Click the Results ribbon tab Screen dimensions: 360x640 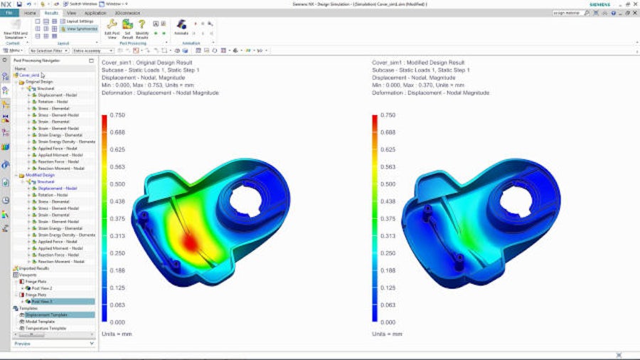pos(51,13)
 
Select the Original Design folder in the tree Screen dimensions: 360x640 pos(39,82)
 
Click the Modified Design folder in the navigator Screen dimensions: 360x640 pos(40,175)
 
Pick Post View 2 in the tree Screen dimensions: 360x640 pos(50,288)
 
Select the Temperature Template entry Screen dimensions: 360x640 pos(47,328)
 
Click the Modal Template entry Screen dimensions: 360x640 pos(42,322)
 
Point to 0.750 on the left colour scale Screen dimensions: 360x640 pos(118,115)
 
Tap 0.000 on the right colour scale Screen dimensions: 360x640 pos(388,322)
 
